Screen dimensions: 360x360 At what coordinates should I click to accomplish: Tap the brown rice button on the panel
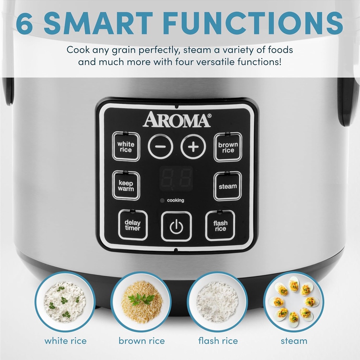228,147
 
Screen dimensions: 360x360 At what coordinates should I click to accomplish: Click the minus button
160,146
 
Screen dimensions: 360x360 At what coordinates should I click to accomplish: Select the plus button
193,146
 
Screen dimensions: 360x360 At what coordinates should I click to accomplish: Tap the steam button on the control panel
228,186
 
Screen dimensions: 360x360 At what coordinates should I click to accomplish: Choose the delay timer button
133,225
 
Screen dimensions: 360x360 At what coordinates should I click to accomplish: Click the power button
176,226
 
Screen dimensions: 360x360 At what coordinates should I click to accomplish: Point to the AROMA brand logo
176,120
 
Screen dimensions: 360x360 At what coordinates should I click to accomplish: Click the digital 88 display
176,178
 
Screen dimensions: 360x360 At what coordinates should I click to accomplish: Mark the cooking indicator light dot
162,201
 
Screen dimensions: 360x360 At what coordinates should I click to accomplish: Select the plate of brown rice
141,302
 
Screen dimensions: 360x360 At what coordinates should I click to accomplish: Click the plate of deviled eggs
294,302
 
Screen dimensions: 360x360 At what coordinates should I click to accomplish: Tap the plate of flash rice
217,302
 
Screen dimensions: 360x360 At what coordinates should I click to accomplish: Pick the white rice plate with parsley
65,302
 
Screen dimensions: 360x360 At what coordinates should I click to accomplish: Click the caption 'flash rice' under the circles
218,341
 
